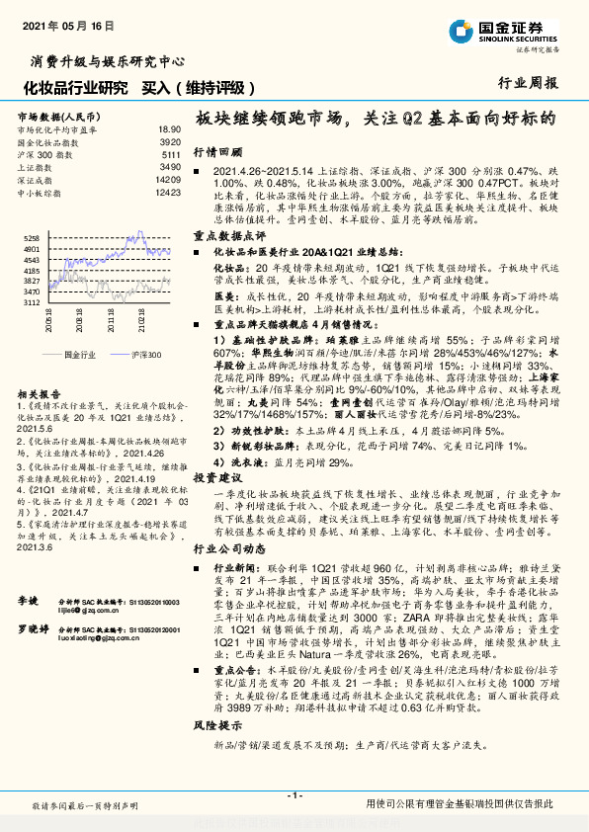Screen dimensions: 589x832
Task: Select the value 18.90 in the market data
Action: pyautogui.click(x=169, y=129)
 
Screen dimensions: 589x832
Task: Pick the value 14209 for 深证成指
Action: pyautogui.click(x=167, y=180)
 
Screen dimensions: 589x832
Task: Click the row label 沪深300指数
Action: pyautogui.click(x=43, y=155)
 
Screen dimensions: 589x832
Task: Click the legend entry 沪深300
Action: pyautogui.click(x=144, y=353)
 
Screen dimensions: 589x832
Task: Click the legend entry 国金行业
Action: pyautogui.click(x=78, y=353)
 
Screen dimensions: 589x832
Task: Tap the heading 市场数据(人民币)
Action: pyautogui.click(x=51, y=117)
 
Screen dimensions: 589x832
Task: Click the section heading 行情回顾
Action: pyautogui.click(x=217, y=153)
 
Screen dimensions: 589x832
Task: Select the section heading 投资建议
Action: pyautogui.click(x=217, y=476)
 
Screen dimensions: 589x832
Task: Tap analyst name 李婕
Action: pyautogui.click(x=28, y=600)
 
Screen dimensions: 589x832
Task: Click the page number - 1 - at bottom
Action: pyautogui.click(x=294, y=794)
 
